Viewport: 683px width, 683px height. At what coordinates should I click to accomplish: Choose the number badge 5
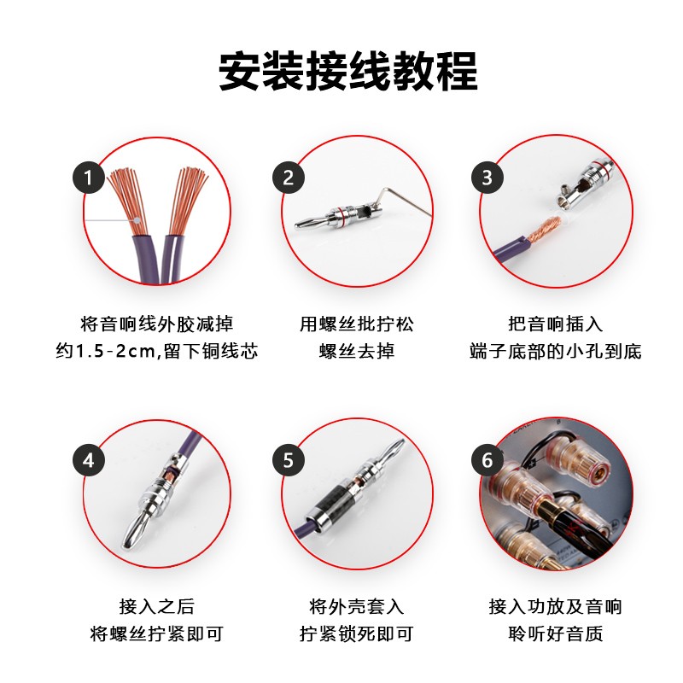[x=288, y=460]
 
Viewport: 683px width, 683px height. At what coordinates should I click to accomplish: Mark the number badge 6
[x=487, y=460]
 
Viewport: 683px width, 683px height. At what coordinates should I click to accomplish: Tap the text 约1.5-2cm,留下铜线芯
[x=156, y=351]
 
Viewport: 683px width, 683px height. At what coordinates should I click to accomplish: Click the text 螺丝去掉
[x=356, y=351]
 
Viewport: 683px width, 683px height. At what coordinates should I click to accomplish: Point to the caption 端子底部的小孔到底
[x=555, y=351]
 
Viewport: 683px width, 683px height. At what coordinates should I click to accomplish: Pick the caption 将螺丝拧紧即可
[x=156, y=633]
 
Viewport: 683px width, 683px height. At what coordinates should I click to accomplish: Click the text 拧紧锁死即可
[x=356, y=633]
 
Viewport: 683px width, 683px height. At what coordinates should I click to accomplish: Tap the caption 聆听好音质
[x=555, y=633]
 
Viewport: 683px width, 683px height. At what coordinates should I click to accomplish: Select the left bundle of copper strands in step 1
[x=128, y=196]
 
